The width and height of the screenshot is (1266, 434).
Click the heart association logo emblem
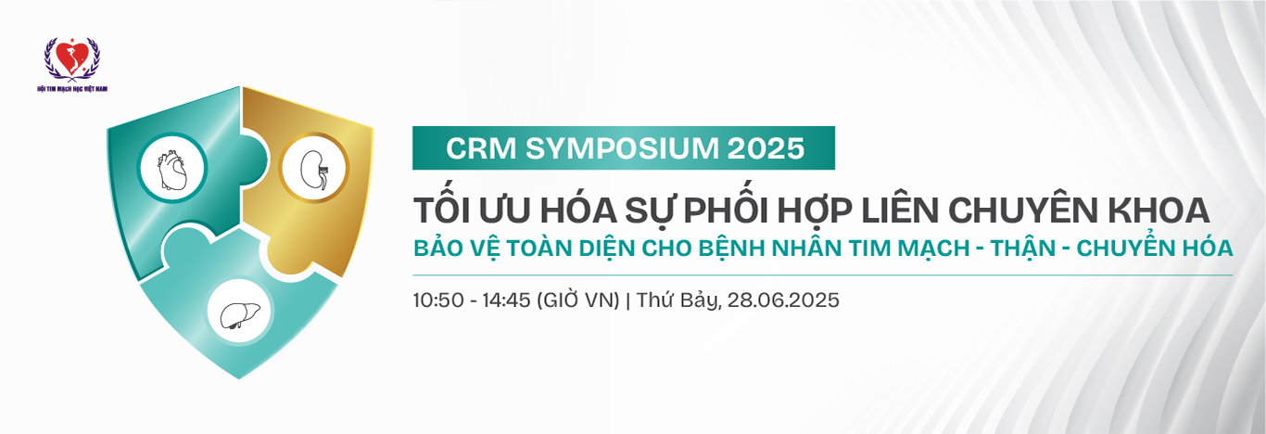tap(71, 58)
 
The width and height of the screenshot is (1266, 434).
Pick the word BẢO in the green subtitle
tap(437, 249)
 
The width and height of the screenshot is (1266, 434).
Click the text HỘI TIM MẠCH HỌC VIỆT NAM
tap(72, 88)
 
